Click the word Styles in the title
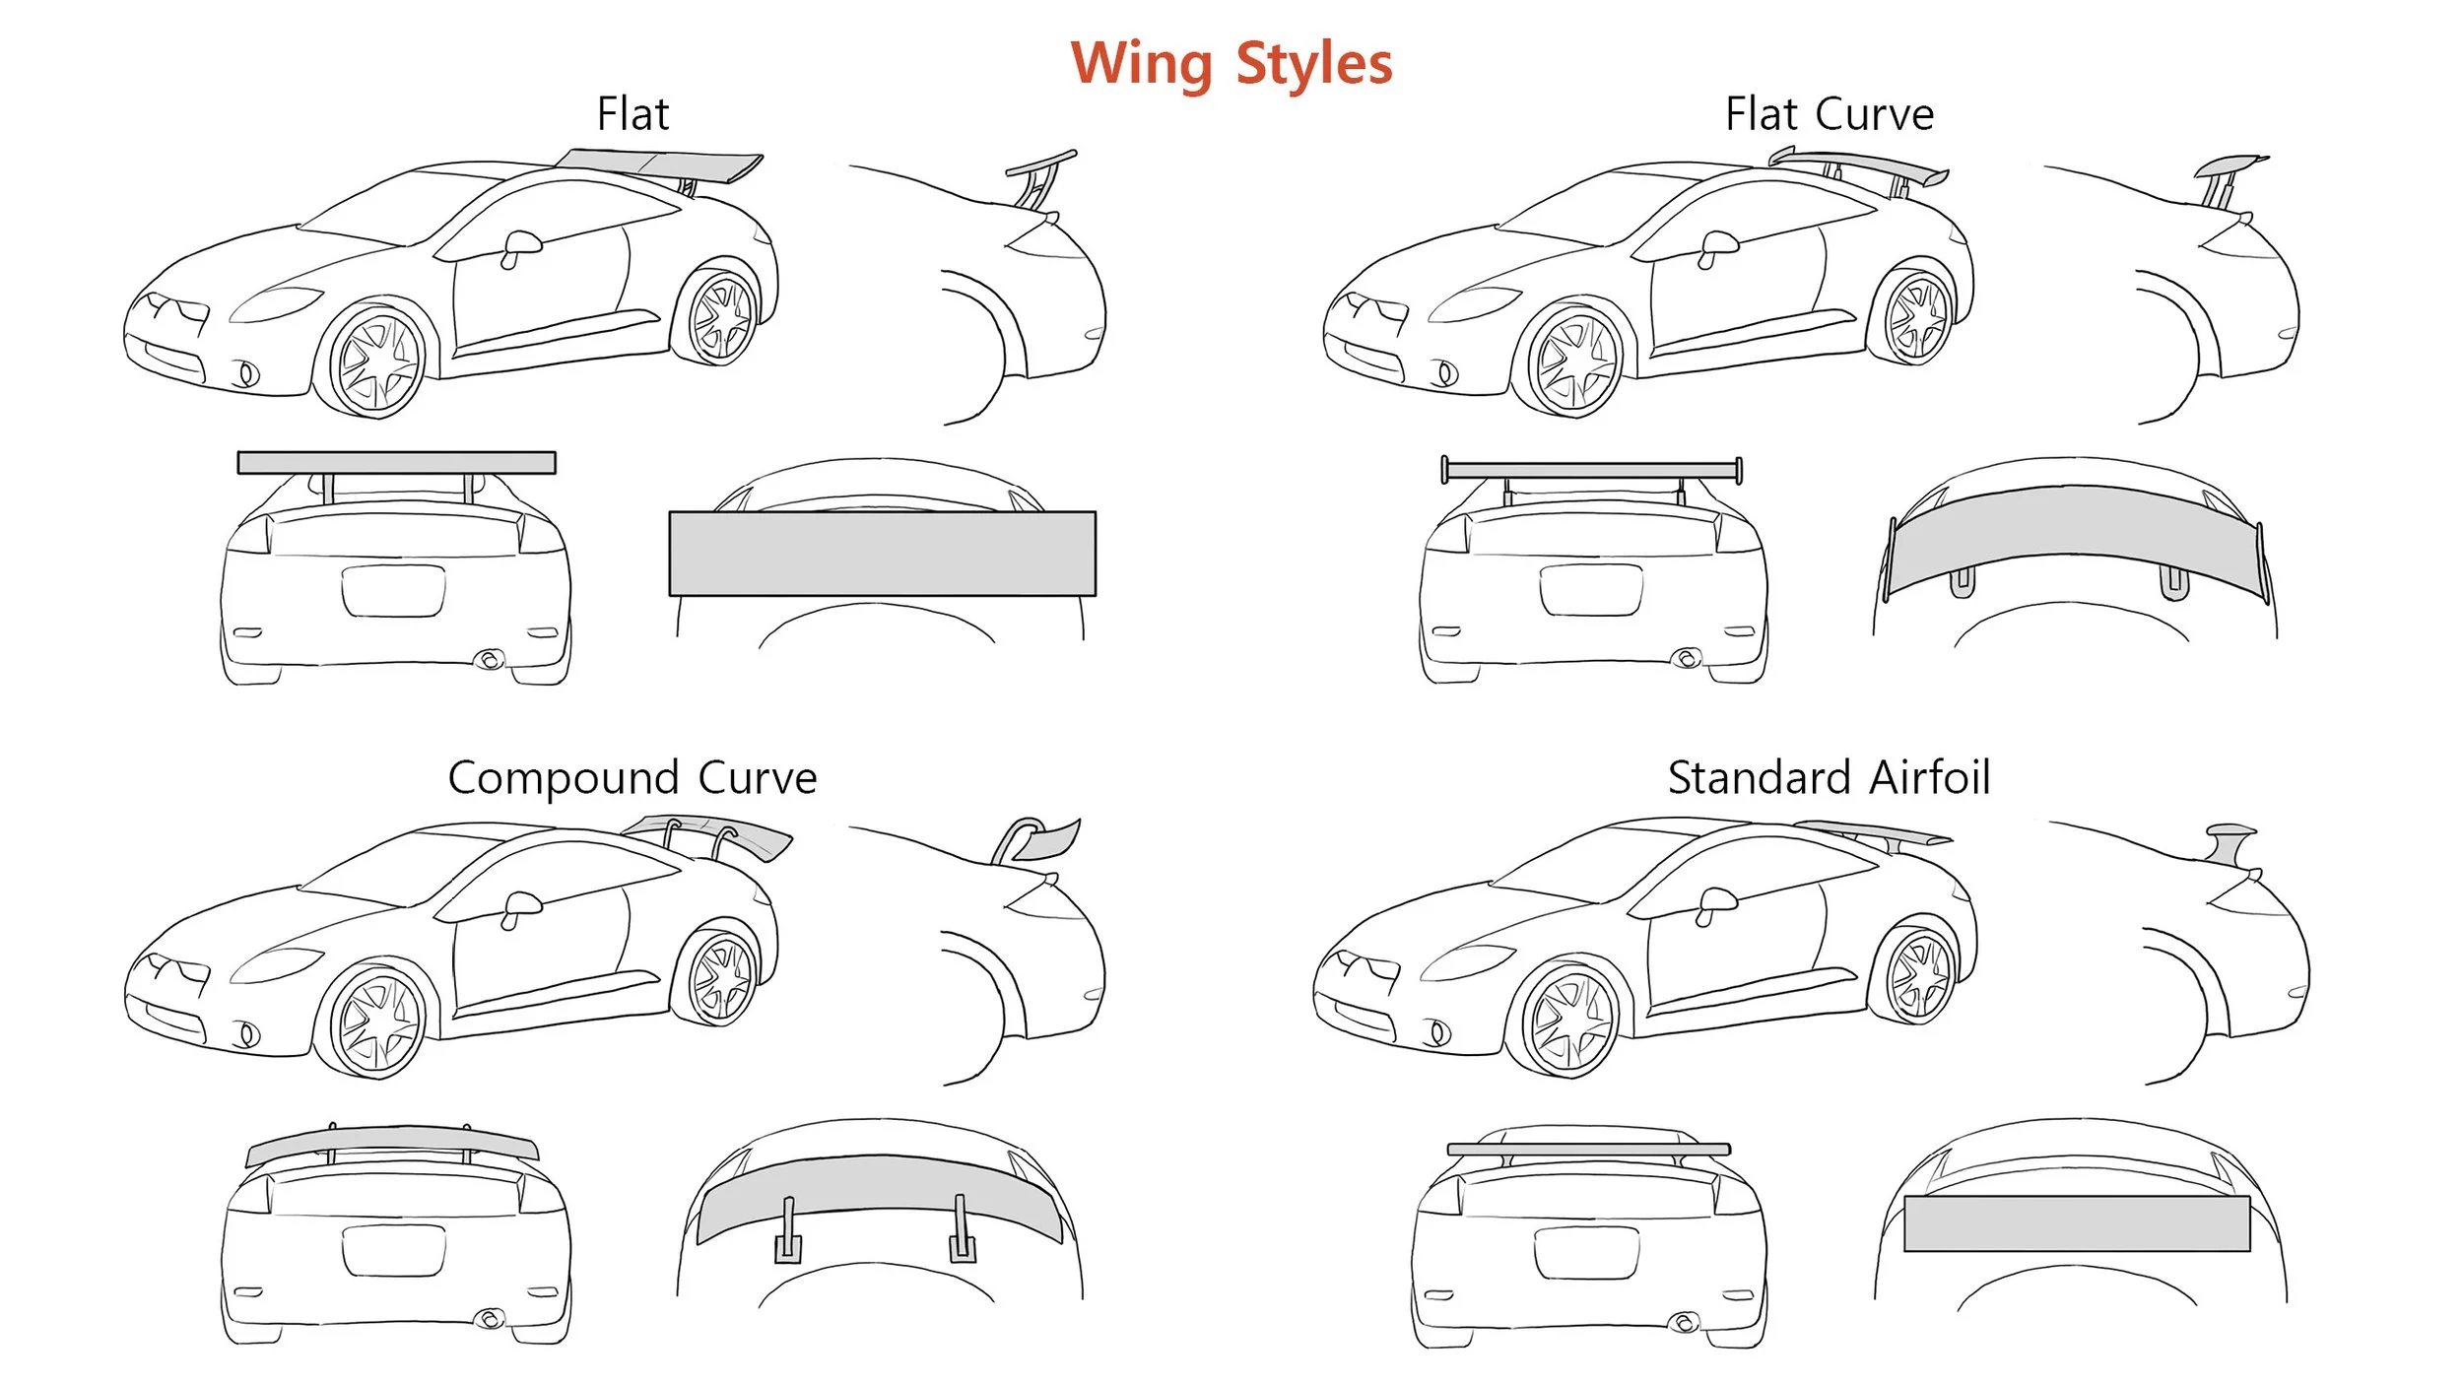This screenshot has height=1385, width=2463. pyautogui.click(x=1313, y=65)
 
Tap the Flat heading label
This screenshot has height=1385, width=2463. pyautogui.click(x=632, y=114)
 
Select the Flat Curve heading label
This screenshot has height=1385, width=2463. pyautogui.click(x=1829, y=114)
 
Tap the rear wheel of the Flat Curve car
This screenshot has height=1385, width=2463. pyautogui.click(x=1916, y=318)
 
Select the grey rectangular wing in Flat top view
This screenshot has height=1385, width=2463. pyautogui.click(x=882, y=554)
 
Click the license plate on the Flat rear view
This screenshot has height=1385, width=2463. pyautogui.click(x=393, y=591)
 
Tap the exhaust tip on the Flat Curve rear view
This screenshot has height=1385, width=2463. pyautogui.click(x=1687, y=658)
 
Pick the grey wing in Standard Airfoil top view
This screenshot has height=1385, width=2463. pyautogui.click(x=2077, y=1223)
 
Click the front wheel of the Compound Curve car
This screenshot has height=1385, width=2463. pyautogui.click(x=377, y=1022)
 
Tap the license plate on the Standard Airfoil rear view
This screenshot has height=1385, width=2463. pyautogui.click(x=1586, y=1252)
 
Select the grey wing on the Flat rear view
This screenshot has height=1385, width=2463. pyautogui.click(x=396, y=463)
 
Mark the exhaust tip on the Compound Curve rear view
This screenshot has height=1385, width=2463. pyautogui.click(x=489, y=1318)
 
